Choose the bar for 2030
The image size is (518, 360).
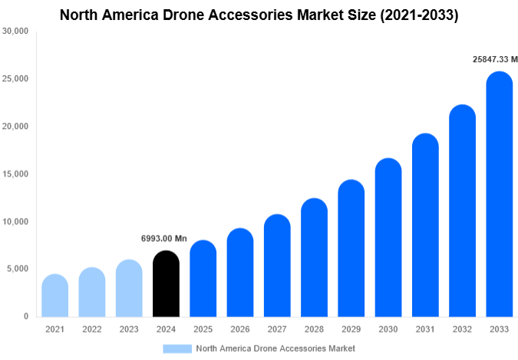[388, 238]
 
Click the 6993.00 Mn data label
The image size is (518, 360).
[163, 239]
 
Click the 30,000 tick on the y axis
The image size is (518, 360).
[15, 31]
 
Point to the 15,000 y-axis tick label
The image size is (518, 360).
[15, 174]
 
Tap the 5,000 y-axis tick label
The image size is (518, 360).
[18, 269]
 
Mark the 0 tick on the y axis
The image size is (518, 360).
[25, 316]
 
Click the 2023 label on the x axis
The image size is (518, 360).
[128, 329]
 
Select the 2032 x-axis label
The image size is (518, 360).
[462, 329]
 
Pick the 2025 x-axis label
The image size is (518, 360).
[203, 329]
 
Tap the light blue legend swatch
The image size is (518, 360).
[177, 348]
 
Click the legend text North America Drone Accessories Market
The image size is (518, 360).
[275, 348]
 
